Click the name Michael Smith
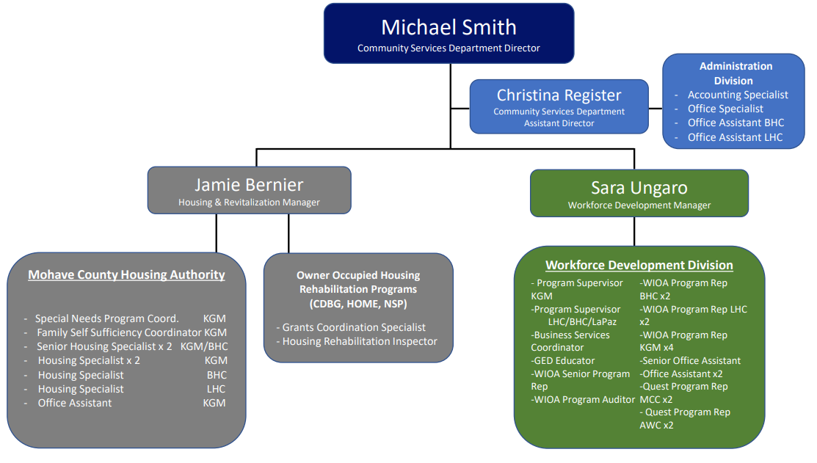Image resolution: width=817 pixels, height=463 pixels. click(x=449, y=27)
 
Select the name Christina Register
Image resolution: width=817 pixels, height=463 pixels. click(x=559, y=95)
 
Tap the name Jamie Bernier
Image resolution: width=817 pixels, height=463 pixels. click(x=249, y=185)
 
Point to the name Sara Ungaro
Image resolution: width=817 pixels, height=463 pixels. click(x=639, y=188)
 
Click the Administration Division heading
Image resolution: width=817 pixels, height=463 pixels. click(x=735, y=73)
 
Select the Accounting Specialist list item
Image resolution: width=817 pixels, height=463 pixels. click(x=737, y=95)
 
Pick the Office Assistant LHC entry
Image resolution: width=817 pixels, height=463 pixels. click(x=735, y=137)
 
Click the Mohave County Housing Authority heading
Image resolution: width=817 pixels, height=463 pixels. click(x=126, y=275)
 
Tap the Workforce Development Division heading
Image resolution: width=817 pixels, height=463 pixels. click(x=639, y=266)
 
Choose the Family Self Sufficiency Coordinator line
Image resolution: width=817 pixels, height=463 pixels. click(x=119, y=332)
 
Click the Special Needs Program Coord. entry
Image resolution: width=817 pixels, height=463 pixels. click(x=108, y=318)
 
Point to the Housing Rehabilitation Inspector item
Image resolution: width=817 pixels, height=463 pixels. click(x=360, y=341)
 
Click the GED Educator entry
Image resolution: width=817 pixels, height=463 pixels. click(x=564, y=360)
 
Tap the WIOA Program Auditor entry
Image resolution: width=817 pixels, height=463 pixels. click(x=584, y=399)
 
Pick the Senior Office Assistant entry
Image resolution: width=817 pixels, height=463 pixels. click(x=690, y=360)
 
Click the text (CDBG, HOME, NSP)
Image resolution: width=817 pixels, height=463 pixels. click(x=358, y=304)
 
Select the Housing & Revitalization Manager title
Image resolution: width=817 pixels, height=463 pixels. click(x=249, y=203)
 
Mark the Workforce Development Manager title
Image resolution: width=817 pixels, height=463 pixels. click(x=639, y=205)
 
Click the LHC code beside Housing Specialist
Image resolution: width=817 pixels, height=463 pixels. click(x=216, y=389)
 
